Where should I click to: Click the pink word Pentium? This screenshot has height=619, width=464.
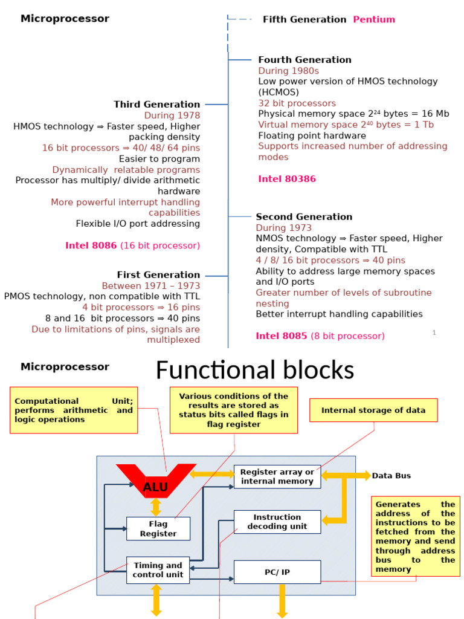(374, 19)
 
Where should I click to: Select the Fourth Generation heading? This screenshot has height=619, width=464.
(304, 60)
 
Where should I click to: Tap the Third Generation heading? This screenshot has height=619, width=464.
(156, 105)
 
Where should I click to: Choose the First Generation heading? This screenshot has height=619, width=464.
(158, 275)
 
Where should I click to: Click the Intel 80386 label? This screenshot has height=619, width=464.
(287, 179)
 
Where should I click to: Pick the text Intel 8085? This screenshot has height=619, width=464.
(282, 336)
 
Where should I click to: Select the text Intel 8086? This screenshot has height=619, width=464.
(91, 246)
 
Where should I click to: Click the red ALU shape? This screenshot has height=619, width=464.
(156, 484)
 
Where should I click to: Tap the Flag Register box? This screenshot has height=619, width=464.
(158, 529)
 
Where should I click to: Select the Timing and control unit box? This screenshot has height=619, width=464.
(158, 570)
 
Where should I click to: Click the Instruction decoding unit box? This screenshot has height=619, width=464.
(277, 522)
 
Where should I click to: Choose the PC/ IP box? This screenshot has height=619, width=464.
(277, 572)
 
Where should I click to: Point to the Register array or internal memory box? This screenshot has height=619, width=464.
(277, 476)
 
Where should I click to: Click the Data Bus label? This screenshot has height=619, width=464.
(391, 476)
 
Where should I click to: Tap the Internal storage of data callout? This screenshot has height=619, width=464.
(373, 410)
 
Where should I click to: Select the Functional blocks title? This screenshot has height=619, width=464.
(254, 371)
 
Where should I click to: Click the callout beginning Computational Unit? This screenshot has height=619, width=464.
(74, 410)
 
